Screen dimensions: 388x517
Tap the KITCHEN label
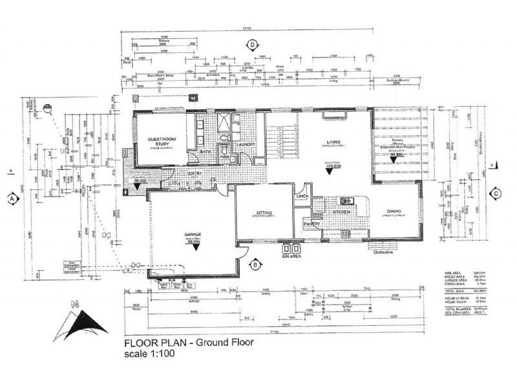[x=341, y=211]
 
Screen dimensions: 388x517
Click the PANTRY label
[x=311, y=224]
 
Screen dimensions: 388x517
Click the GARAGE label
[x=191, y=235]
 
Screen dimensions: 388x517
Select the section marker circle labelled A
[x=12, y=199]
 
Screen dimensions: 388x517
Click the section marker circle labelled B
[x=255, y=264]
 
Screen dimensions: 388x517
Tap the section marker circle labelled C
[x=496, y=193]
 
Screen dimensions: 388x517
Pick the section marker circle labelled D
[x=253, y=45]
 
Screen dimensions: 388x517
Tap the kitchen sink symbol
[x=346, y=200]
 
